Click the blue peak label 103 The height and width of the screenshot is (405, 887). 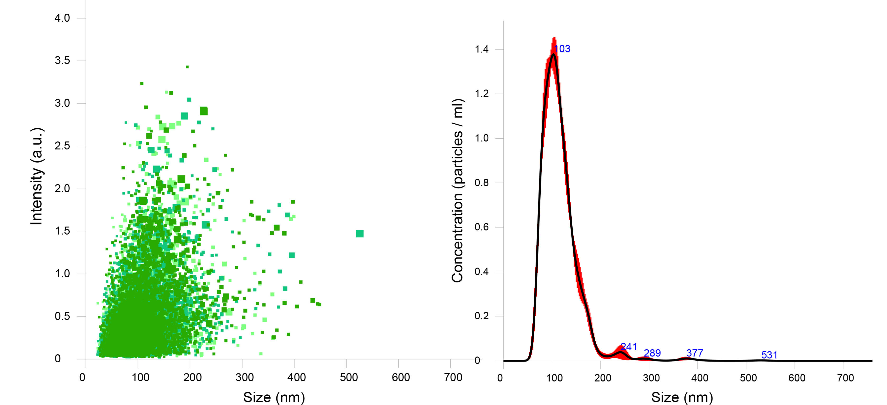[x=562, y=49]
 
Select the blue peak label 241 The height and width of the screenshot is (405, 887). [x=629, y=347]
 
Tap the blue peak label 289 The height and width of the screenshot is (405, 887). [x=652, y=353]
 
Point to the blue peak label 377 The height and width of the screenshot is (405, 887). [x=695, y=353]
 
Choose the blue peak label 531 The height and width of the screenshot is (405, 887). [x=769, y=355]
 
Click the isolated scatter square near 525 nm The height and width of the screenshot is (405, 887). [x=360, y=234]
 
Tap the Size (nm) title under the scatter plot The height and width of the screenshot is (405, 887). [x=274, y=397]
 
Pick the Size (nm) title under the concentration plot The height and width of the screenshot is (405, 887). [x=682, y=397]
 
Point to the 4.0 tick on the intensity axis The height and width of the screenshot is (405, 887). [x=62, y=18]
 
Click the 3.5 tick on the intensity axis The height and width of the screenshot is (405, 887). [x=62, y=61]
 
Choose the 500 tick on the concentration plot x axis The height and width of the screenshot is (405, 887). [x=748, y=378]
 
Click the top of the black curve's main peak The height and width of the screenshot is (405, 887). [x=553, y=54]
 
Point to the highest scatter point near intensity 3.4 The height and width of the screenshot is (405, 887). [x=187, y=67]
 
